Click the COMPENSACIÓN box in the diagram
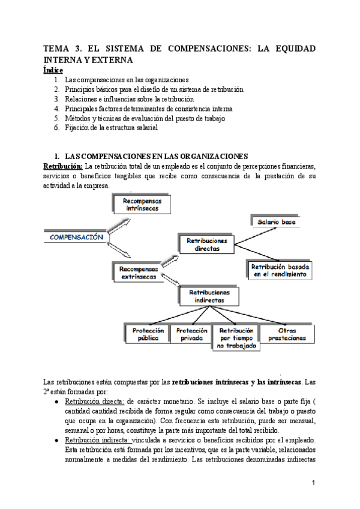click(x=76, y=236)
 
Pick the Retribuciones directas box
click(x=206, y=243)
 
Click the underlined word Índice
click(x=53, y=70)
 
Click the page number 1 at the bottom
click(x=313, y=482)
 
